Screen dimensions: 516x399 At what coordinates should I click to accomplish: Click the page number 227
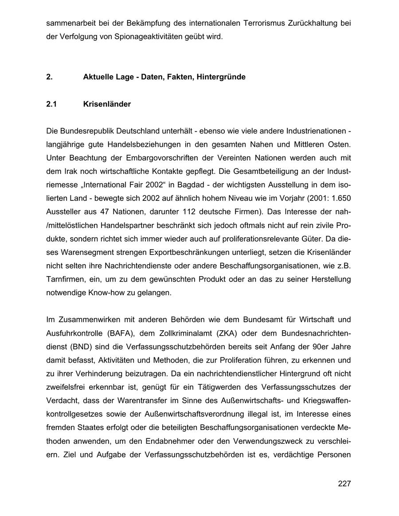344,484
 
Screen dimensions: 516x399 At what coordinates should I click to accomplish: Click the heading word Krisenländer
107,104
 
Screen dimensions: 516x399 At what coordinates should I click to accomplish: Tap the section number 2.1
52,104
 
